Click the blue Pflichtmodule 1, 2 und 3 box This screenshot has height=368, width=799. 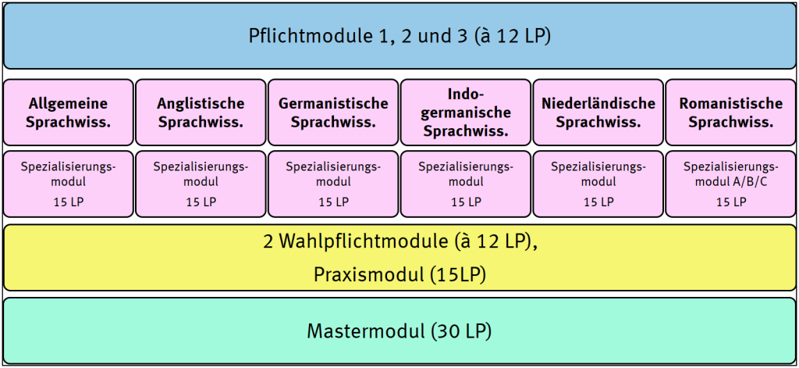click(399, 36)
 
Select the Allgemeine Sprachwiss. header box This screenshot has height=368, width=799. click(68, 113)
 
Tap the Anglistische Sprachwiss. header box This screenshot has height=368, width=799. click(201, 113)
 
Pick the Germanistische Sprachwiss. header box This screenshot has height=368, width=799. click(333, 113)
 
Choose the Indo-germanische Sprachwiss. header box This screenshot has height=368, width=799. click(466, 113)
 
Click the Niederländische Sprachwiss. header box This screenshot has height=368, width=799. click(598, 113)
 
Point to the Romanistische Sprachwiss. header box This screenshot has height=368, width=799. click(731, 113)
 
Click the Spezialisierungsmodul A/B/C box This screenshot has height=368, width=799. click(731, 183)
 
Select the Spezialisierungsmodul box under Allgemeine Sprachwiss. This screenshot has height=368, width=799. click(68, 183)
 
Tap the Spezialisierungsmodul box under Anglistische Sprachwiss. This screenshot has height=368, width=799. click(201, 183)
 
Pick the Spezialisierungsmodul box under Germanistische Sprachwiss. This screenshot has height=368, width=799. click(333, 183)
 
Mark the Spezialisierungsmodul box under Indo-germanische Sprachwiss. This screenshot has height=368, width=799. click(466, 183)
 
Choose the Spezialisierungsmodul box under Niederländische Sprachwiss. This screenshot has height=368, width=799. click(598, 183)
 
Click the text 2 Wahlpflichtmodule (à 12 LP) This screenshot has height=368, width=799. click(399, 243)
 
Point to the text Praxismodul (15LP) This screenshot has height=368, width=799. click(399, 274)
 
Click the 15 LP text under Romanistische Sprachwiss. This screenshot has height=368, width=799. click(731, 202)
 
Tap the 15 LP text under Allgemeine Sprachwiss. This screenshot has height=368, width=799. click(68, 202)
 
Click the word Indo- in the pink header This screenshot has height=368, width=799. click(466, 94)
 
